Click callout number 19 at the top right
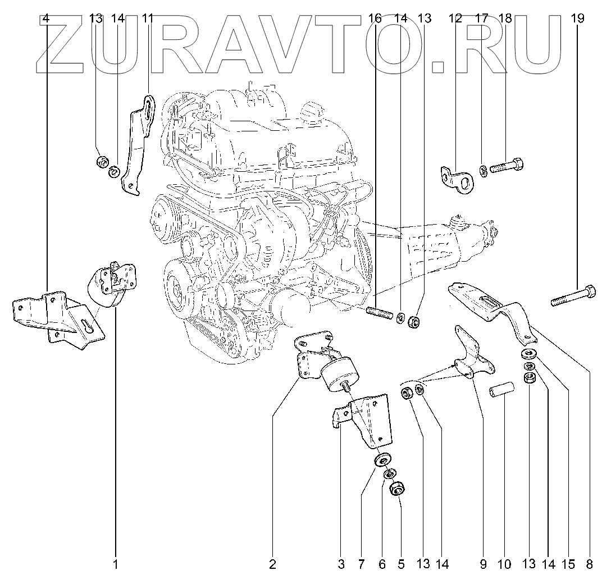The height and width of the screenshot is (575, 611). click(577, 19)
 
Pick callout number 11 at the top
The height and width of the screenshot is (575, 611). click(147, 19)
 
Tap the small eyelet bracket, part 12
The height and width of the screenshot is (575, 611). click(456, 177)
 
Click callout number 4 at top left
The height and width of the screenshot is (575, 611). click(46, 19)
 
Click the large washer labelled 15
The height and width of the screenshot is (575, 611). click(528, 354)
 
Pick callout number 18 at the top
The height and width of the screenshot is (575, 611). click(505, 19)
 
